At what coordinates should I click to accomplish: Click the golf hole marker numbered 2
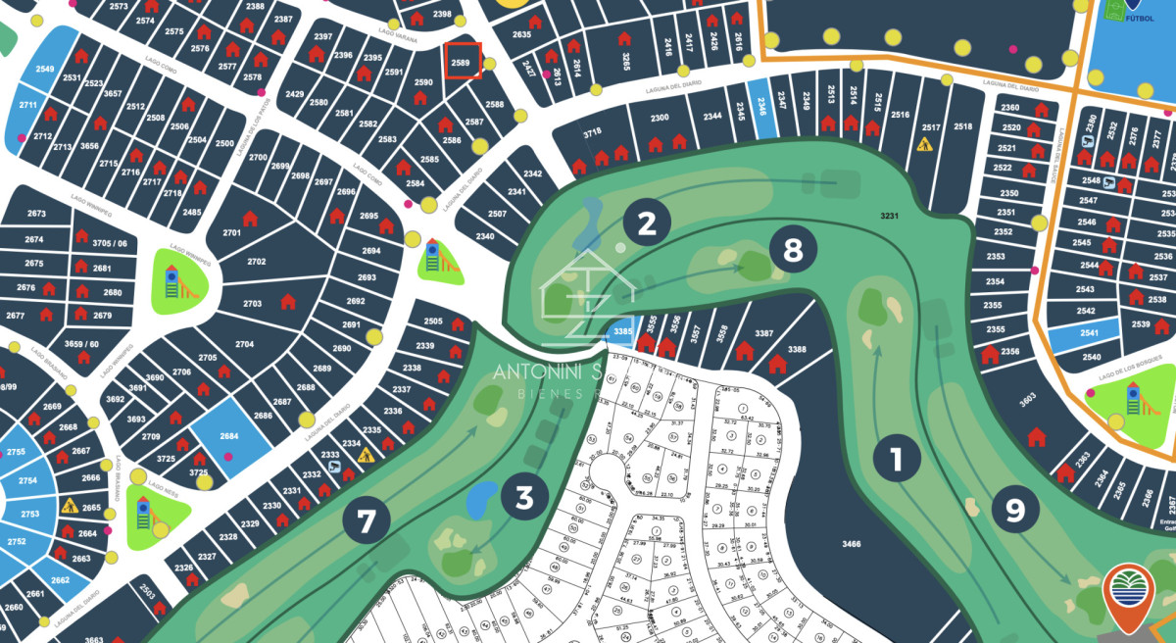pos(647,223)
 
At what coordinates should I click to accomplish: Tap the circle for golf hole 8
pos(792,251)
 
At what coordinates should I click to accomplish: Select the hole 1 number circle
pos(895,458)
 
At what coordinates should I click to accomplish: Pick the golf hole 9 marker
pos(1014,509)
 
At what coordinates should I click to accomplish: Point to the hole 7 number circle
pos(366,520)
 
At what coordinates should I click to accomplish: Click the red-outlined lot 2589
pos(462,61)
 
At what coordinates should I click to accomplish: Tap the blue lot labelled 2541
pos(1083,334)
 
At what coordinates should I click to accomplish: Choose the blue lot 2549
pos(44,69)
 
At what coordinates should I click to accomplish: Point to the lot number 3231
pos(888,214)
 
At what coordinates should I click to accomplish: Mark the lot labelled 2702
pos(256,262)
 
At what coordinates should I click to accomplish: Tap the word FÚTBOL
pos(1139,18)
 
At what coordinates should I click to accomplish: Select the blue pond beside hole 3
pos(480,501)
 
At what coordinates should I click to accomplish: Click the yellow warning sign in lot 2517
pos(924,145)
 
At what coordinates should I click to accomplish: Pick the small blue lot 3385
pos(621,333)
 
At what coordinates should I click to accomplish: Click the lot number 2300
pos(660,118)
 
